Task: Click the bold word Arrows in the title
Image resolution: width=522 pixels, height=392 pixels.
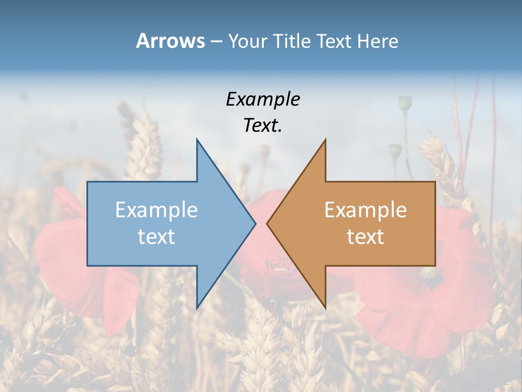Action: (x=170, y=41)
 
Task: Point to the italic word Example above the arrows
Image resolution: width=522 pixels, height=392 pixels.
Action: (x=263, y=99)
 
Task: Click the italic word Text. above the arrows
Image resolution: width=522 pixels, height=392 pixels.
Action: (x=263, y=126)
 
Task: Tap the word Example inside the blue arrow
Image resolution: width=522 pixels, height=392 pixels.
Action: (x=157, y=210)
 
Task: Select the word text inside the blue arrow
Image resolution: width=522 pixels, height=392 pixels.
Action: (x=157, y=237)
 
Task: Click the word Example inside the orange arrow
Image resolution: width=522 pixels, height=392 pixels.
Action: (x=365, y=210)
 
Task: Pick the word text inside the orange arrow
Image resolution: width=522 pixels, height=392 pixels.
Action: (x=365, y=237)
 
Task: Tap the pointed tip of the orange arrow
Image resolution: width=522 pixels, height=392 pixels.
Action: (x=268, y=223)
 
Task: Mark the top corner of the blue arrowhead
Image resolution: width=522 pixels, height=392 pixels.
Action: (x=197, y=140)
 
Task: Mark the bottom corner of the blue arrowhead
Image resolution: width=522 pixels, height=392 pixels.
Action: (x=197, y=308)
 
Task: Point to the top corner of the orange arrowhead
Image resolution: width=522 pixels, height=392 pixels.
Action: (x=325, y=140)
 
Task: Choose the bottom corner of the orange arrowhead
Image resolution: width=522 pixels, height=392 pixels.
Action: (x=325, y=308)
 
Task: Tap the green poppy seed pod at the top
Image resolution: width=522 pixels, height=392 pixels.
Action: (x=405, y=102)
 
